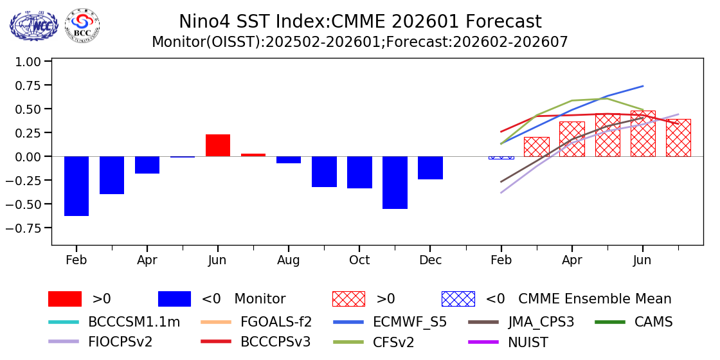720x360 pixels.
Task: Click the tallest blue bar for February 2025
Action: [76, 186]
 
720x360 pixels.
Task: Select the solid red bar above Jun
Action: [218, 145]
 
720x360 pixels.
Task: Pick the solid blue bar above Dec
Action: [430, 168]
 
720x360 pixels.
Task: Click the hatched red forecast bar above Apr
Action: [571, 139]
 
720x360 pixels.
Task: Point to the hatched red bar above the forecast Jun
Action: [642, 134]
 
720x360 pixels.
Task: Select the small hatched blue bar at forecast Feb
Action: [501, 157]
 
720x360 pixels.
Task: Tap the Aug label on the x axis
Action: [289, 260]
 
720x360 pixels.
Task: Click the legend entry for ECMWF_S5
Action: [410, 322]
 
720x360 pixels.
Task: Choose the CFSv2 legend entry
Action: [393, 342]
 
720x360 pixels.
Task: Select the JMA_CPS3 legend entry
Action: [540, 322]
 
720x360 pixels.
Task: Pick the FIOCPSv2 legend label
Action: [120, 342]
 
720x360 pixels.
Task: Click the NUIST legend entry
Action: [525, 342]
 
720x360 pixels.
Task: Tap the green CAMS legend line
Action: [611, 321]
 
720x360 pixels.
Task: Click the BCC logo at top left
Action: [82, 25]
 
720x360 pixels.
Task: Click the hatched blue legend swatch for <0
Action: [458, 299]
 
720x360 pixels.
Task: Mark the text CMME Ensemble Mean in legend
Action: [595, 299]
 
